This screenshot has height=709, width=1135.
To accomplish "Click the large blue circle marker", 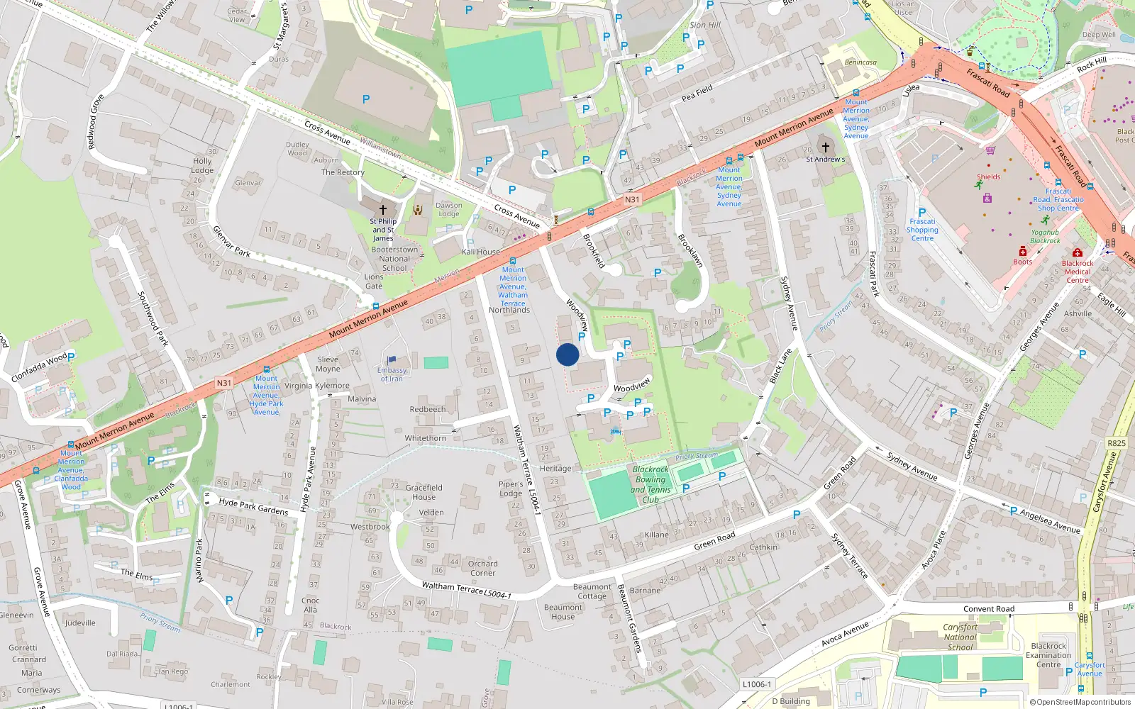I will click(567, 354).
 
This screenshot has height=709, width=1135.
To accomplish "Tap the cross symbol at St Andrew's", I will click(825, 147).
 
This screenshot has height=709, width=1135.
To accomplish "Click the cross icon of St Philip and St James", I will click(383, 209).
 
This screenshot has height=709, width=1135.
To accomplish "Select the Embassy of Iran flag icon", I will click(392, 360).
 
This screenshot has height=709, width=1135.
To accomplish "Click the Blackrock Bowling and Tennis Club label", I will click(650, 484).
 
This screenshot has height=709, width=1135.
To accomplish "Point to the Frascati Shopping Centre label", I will click(922, 230).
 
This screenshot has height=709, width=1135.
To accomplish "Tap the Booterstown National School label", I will click(394, 259).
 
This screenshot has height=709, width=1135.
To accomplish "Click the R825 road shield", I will click(1116, 443).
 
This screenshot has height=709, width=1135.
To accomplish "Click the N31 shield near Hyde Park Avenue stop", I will click(223, 383).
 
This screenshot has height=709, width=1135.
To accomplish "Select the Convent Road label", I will click(989, 609).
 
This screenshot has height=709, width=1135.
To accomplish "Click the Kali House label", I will click(481, 252).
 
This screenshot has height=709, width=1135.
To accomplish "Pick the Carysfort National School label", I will click(960, 637).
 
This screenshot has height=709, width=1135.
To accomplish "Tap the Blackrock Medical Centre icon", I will click(1078, 253).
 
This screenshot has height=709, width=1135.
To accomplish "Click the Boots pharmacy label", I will click(1023, 262).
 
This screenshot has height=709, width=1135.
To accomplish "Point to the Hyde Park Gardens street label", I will click(253, 506).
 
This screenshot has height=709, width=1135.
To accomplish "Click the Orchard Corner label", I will click(482, 568).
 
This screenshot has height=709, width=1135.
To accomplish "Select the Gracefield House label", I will click(424, 492).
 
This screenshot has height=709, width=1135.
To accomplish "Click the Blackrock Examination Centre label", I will click(1048, 655).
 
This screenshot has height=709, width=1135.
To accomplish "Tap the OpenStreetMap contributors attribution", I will click(1080, 703).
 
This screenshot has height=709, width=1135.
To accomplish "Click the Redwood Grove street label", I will click(96, 121).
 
